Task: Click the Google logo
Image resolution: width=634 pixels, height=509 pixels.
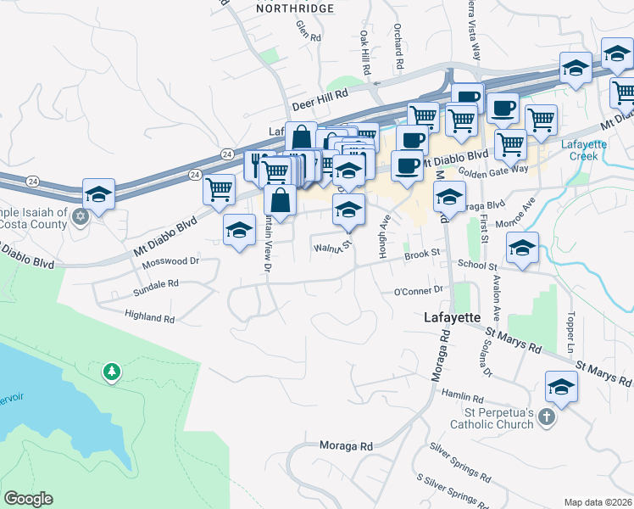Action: click(28, 499)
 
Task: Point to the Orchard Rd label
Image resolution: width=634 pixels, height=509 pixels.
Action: click(398, 46)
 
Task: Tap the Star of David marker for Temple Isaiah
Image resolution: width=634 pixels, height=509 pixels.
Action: click(81, 216)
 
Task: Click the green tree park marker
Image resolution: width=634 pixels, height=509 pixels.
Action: click(111, 371)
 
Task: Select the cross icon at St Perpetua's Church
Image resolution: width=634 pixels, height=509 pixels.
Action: click(547, 417)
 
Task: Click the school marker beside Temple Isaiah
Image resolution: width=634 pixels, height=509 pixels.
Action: click(98, 193)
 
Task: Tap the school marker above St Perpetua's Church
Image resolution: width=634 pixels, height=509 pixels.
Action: click(560, 386)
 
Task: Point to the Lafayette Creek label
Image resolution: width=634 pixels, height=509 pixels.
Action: click(585, 150)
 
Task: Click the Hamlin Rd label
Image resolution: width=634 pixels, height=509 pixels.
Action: click(462, 396)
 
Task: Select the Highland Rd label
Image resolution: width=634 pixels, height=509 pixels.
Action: click(148, 318)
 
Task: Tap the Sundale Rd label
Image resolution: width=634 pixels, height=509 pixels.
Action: click(156, 288)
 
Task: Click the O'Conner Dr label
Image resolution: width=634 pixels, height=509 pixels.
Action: click(419, 290)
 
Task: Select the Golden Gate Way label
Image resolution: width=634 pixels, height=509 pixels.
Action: click(494, 171)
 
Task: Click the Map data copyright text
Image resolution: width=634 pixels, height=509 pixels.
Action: click(598, 502)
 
